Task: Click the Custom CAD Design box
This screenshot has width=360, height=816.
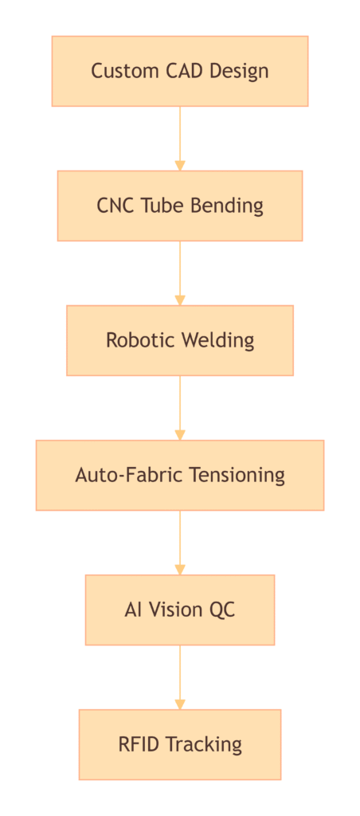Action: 180,71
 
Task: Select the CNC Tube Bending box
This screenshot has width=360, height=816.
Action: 180,206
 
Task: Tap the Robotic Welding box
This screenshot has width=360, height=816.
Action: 180,340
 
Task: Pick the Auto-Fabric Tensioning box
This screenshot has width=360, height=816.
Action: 180,475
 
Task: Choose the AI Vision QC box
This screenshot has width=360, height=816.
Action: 180,610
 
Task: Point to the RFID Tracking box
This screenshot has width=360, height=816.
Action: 180,744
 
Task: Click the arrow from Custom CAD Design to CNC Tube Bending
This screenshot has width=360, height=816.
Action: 180,139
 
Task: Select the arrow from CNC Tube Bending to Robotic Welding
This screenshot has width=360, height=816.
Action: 180,273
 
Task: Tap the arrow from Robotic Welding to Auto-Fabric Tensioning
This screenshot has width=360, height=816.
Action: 180,408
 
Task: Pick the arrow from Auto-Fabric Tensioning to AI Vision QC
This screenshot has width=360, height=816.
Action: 180,542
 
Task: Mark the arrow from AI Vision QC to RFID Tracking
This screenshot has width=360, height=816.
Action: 180,677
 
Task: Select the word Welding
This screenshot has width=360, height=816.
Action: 217,340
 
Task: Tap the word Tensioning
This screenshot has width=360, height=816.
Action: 237,475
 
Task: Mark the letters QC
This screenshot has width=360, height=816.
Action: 223,610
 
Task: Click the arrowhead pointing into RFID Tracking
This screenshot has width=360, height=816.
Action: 180,704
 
